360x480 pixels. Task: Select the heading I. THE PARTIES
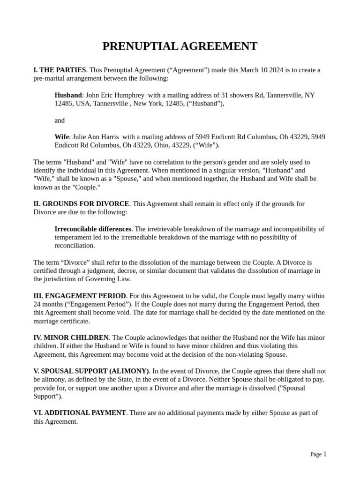tap(60, 70)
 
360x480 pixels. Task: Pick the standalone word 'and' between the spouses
tap(60, 120)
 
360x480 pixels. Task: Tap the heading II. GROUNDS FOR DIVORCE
tap(81, 204)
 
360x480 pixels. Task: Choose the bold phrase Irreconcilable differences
tap(93, 229)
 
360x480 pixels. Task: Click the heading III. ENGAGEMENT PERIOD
tap(80, 296)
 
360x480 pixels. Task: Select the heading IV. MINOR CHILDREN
tap(71, 338)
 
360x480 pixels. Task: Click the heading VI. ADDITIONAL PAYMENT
tap(80, 413)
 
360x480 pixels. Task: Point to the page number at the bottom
tap(324, 454)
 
